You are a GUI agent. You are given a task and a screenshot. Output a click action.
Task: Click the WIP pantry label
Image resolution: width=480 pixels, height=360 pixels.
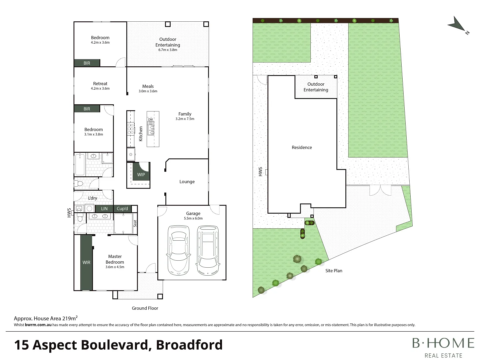point(141,175)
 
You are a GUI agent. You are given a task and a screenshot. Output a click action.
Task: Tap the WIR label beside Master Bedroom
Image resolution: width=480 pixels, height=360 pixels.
point(86,263)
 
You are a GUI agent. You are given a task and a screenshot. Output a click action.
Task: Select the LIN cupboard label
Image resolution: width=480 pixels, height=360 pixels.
point(104,209)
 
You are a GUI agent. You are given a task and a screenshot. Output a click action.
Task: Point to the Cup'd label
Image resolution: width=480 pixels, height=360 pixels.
point(122,209)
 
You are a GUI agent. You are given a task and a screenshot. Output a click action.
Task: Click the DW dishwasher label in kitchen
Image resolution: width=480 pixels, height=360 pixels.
point(151,119)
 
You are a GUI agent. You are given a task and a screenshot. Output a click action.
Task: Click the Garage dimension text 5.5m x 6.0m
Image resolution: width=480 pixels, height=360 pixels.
point(193,218)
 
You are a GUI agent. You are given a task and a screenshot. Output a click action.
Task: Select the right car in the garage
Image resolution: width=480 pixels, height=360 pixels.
point(208,250)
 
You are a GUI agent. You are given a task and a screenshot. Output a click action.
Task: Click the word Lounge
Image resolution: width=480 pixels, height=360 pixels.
point(187,182)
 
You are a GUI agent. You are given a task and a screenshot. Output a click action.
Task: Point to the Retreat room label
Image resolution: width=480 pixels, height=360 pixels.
point(100,84)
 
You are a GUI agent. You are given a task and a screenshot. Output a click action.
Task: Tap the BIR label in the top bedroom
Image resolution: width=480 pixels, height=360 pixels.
point(87,63)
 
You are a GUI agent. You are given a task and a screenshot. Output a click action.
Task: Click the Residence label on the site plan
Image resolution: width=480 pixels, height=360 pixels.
point(302,147)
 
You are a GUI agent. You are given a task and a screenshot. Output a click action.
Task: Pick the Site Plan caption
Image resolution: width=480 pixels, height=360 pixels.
point(334,271)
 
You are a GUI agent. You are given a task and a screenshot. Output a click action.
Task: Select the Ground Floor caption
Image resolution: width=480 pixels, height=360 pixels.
point(145,308)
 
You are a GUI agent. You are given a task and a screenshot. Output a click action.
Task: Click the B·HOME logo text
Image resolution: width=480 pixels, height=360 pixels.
point(443,343)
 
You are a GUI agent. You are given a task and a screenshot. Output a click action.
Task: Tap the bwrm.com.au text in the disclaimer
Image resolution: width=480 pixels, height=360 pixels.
point(38,325)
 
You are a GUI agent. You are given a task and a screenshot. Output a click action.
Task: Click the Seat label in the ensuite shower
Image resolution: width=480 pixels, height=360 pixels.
point(135,223)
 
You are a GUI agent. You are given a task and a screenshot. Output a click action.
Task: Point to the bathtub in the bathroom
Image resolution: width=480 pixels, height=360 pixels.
point(80,164)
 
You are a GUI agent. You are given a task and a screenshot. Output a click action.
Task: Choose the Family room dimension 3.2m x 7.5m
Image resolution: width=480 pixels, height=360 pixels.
point(185,119)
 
